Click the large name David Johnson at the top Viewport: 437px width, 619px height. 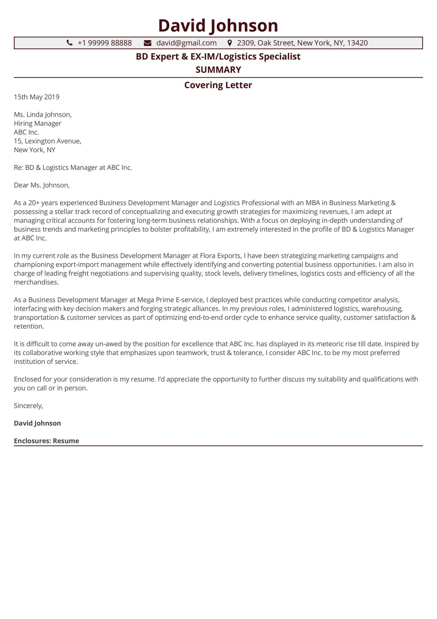(x=218, y=26)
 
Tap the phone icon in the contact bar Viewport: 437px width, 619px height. (x=70, y=43)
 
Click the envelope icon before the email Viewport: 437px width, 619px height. (x=147, y=43)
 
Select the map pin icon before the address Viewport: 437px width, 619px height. (x=229, y=43)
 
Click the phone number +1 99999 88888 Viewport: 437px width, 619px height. (x=105, y=43)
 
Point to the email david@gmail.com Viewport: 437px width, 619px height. (x=186, y=43)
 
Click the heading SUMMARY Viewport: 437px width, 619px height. (x=218, y=70)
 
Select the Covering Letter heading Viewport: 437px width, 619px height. (x=218, y=85)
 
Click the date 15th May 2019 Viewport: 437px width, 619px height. (x=37, y=97)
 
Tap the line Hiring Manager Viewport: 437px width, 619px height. (x=37, y=123)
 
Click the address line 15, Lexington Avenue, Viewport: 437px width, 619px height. (x=47, y=141)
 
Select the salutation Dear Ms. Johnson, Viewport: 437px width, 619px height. (x=42, y=185)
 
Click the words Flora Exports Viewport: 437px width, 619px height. (x=220, y=255)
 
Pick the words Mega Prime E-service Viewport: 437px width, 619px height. (x=170, y=300)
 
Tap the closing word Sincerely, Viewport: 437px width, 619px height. (x=28, y=405)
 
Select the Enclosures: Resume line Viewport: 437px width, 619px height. (x=46, y=441)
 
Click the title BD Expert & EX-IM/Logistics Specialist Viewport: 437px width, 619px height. (x=218, y=56)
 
